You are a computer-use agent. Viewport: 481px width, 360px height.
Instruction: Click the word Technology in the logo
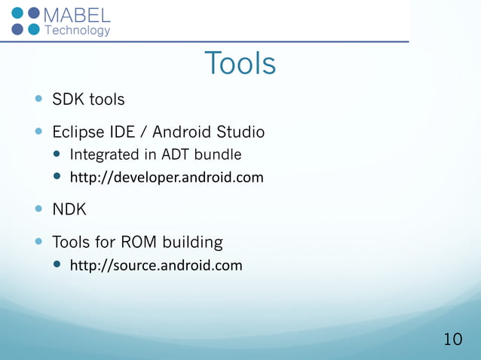tap(78, 30)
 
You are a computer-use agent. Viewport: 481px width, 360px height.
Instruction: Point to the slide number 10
tap(452, 340)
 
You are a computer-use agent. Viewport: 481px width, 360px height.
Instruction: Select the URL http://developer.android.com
tap(167, 178)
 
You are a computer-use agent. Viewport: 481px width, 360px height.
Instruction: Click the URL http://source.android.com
tap(156, 265)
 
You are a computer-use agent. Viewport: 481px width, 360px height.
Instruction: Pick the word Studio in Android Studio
tap(240, 133)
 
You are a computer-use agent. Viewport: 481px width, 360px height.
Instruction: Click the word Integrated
tap(104, 155)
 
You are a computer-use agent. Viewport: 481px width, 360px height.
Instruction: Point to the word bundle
tap(218, 155)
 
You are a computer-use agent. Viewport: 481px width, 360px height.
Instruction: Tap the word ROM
tap(141, 243)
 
